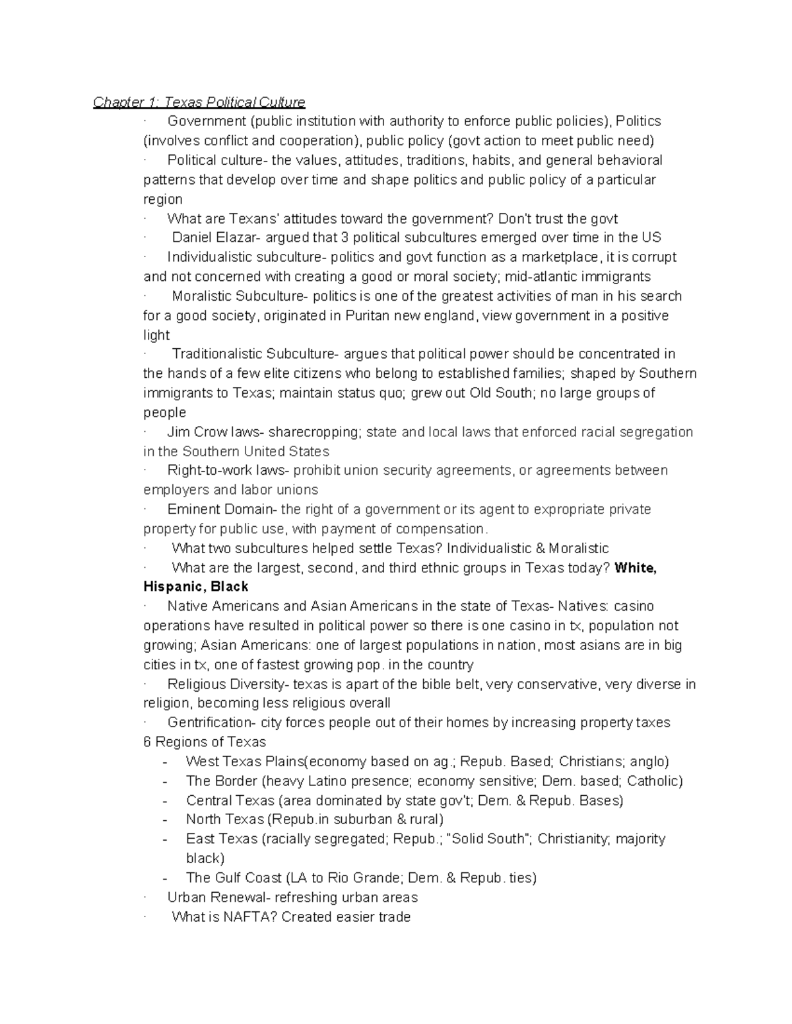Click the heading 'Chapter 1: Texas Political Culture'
pyautogui.click(x=199, y=102)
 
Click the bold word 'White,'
pyautogui.click(x=635, y=568)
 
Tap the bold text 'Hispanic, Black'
pyautogui.click(x=196, y=587)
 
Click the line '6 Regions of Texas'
pyautogui.click(x=205, y=742)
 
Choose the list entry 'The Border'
pyautogui.click(x=221, y=781)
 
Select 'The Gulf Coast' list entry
pyautogui.click(x=234, y=878)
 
